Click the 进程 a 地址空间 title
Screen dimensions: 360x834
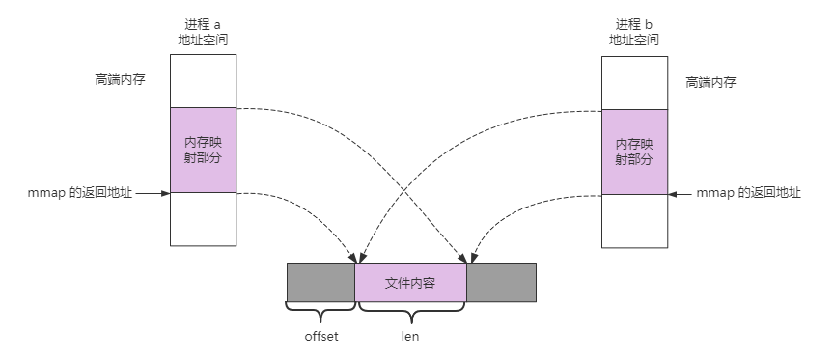pyautogui.click(x=204, y=31)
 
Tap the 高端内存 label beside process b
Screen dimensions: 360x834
pyautogui.click(x=710, y=83)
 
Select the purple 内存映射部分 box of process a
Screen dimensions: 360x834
pyautogui.click(x=204, y=150)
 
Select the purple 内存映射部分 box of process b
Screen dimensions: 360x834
pyautogui.click(x=633, y=151)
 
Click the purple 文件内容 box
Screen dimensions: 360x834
pyautogui.click(x=411, y=283)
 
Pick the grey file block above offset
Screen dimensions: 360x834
pyautogui.click(x=321, y=283)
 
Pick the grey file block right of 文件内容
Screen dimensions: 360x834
pyautogui.click(x=501, y=283)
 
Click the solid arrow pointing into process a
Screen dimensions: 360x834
pyautogui.click(x=153, y=193)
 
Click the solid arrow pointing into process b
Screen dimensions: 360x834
pyautogui.click(x=681, y=193)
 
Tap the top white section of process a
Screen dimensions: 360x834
pyautogui.click(x=204, y=81)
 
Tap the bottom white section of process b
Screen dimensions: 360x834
pyautogui.click(x=633, y=219)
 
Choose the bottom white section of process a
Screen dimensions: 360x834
pyautogui.click(x=204, y=219)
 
